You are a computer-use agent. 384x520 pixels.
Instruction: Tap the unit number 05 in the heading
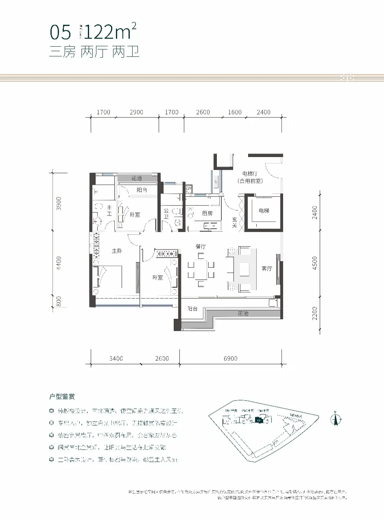click(60, 32)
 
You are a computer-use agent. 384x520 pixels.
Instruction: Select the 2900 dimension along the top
click(136, 112)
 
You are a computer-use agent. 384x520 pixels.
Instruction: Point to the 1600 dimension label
click(234, 112)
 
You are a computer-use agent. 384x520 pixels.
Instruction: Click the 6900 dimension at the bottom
click(230, 358)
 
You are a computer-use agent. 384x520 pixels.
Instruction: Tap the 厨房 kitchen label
click(208, 213)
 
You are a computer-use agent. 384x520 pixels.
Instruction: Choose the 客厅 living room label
click(267, 269)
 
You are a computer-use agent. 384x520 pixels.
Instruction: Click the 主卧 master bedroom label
click(118, 251)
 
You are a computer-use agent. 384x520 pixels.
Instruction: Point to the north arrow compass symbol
click(336, 419)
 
